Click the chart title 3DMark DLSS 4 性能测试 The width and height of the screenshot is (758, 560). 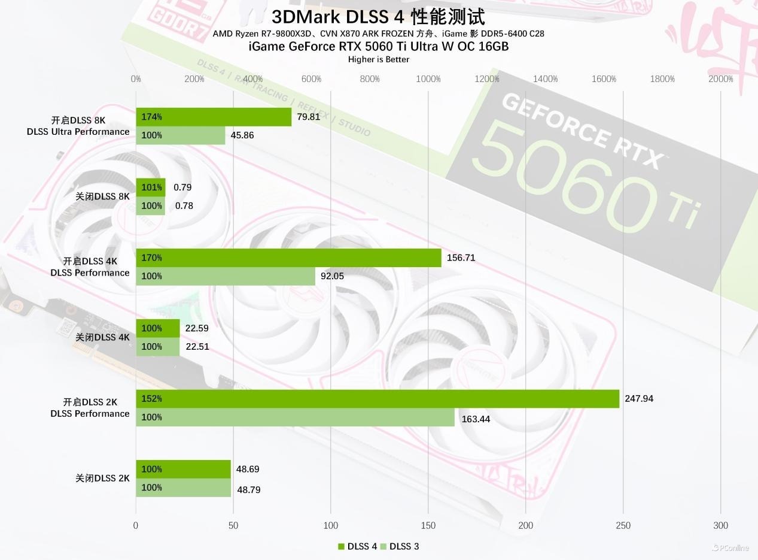point(378,17)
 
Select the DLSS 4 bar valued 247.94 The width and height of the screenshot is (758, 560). point(377,399)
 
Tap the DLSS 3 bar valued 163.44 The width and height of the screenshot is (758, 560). point(295,417)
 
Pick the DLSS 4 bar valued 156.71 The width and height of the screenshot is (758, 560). point(288,258)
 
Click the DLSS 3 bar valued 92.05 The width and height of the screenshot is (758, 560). point(226,276)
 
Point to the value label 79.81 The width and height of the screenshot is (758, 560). point(309,117)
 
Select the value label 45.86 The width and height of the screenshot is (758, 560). point(242,135)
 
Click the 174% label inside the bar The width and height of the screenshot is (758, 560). point(152,117)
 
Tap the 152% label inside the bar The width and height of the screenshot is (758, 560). point(152,399)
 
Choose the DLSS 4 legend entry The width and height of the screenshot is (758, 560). point(358,546)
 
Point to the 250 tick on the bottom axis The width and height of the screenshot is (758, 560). point(623,526)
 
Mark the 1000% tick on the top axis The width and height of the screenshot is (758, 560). point(428,79)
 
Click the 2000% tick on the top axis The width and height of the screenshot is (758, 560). point(720,79)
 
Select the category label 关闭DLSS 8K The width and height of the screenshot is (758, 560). point(102,196)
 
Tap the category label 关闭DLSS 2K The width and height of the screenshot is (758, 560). point(102,479)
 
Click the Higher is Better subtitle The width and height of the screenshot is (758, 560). point(379,59)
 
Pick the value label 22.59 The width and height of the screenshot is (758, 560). point(197,328)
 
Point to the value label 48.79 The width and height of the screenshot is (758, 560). point(249,490)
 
